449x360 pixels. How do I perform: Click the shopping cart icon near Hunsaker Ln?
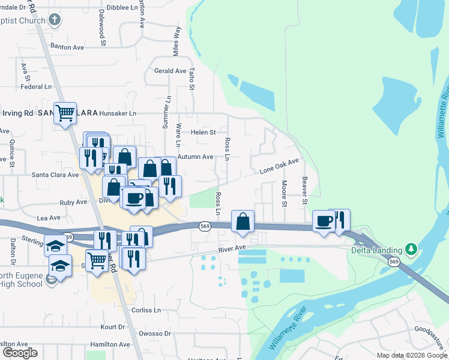pos(65,112)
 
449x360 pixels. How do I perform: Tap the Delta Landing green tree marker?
pos(411,248)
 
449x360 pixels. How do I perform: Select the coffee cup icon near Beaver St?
pos(324,221)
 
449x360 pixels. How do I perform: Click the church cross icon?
pos(54,20)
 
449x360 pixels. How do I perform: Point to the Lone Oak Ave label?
pos(279,166)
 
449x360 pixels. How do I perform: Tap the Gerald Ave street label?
pos(170,71)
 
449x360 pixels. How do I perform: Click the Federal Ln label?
pos(36,86)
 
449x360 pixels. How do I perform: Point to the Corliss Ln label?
pos(147,310)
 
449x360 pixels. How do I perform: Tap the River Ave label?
pos(232,248)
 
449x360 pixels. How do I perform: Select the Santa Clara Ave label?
pos(55,175)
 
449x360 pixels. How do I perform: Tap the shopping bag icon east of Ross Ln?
pos(242,221)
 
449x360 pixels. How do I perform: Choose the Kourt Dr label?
pos(112,327)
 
